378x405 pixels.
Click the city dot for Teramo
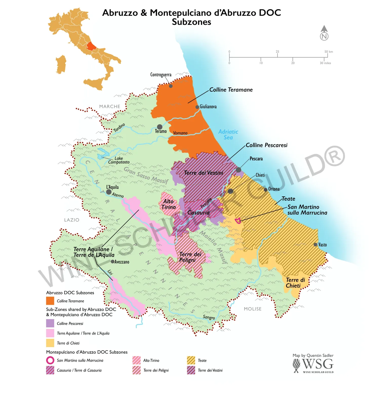click(160, 127)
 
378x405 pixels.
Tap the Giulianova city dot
click(197, 107)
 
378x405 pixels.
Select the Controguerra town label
click(161, 75)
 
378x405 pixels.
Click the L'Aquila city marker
click(109, 192)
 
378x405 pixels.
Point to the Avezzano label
click(122, 262)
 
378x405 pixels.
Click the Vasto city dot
click(315, 245)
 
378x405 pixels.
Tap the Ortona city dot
click(266, 190)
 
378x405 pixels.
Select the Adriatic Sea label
click(228, 134)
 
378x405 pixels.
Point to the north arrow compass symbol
click(324, 33)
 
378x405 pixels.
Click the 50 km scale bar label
click(329, 52)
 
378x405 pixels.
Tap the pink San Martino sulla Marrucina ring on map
click(238, 221)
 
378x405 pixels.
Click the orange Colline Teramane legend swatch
click(50, 301)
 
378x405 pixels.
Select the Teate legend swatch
click(191, 360)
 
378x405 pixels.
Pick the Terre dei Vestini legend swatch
click(191, 370)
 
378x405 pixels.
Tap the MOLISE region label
click(252, 309)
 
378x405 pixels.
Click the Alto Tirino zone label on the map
click(169, 204)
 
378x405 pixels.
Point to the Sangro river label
click(209, 317)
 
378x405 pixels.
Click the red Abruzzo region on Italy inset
click(91, 46)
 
